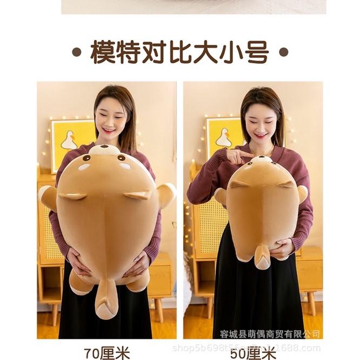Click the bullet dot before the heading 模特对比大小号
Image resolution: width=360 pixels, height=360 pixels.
pos(77,53)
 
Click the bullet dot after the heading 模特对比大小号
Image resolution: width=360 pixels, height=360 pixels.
pos(283,53)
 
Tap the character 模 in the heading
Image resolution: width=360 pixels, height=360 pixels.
pos(103,52)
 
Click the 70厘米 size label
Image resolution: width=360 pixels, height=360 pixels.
pos(107,352)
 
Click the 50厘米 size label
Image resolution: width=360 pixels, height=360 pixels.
pos(253,352)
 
